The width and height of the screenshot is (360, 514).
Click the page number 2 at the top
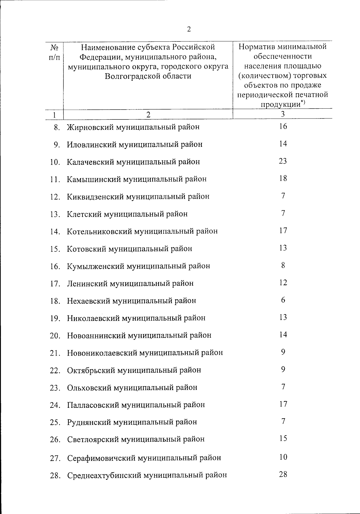(189, 29)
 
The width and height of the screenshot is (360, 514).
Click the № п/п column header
(54, 52)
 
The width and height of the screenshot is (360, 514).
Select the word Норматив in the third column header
(256, 47)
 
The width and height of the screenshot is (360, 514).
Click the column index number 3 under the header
(283, 114)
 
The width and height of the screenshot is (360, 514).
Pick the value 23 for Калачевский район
(283, 161)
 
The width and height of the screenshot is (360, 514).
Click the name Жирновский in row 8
(90, 127)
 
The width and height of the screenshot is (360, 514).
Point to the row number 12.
(55, 197)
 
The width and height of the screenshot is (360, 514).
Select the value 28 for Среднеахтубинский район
(283, 474)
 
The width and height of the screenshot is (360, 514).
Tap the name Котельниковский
(99, 231)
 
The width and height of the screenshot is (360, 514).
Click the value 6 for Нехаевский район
(283, 300)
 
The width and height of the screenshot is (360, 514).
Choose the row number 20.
(55, 336)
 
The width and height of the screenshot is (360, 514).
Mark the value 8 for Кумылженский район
(283, 266)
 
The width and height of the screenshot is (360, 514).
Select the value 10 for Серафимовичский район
(283, 457)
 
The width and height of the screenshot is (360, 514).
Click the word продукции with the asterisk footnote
(280, 104)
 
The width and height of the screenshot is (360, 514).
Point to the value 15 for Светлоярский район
(283, 438)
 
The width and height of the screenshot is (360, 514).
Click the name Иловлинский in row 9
(92, 145)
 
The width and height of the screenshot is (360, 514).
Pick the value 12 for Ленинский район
(283, 283)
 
